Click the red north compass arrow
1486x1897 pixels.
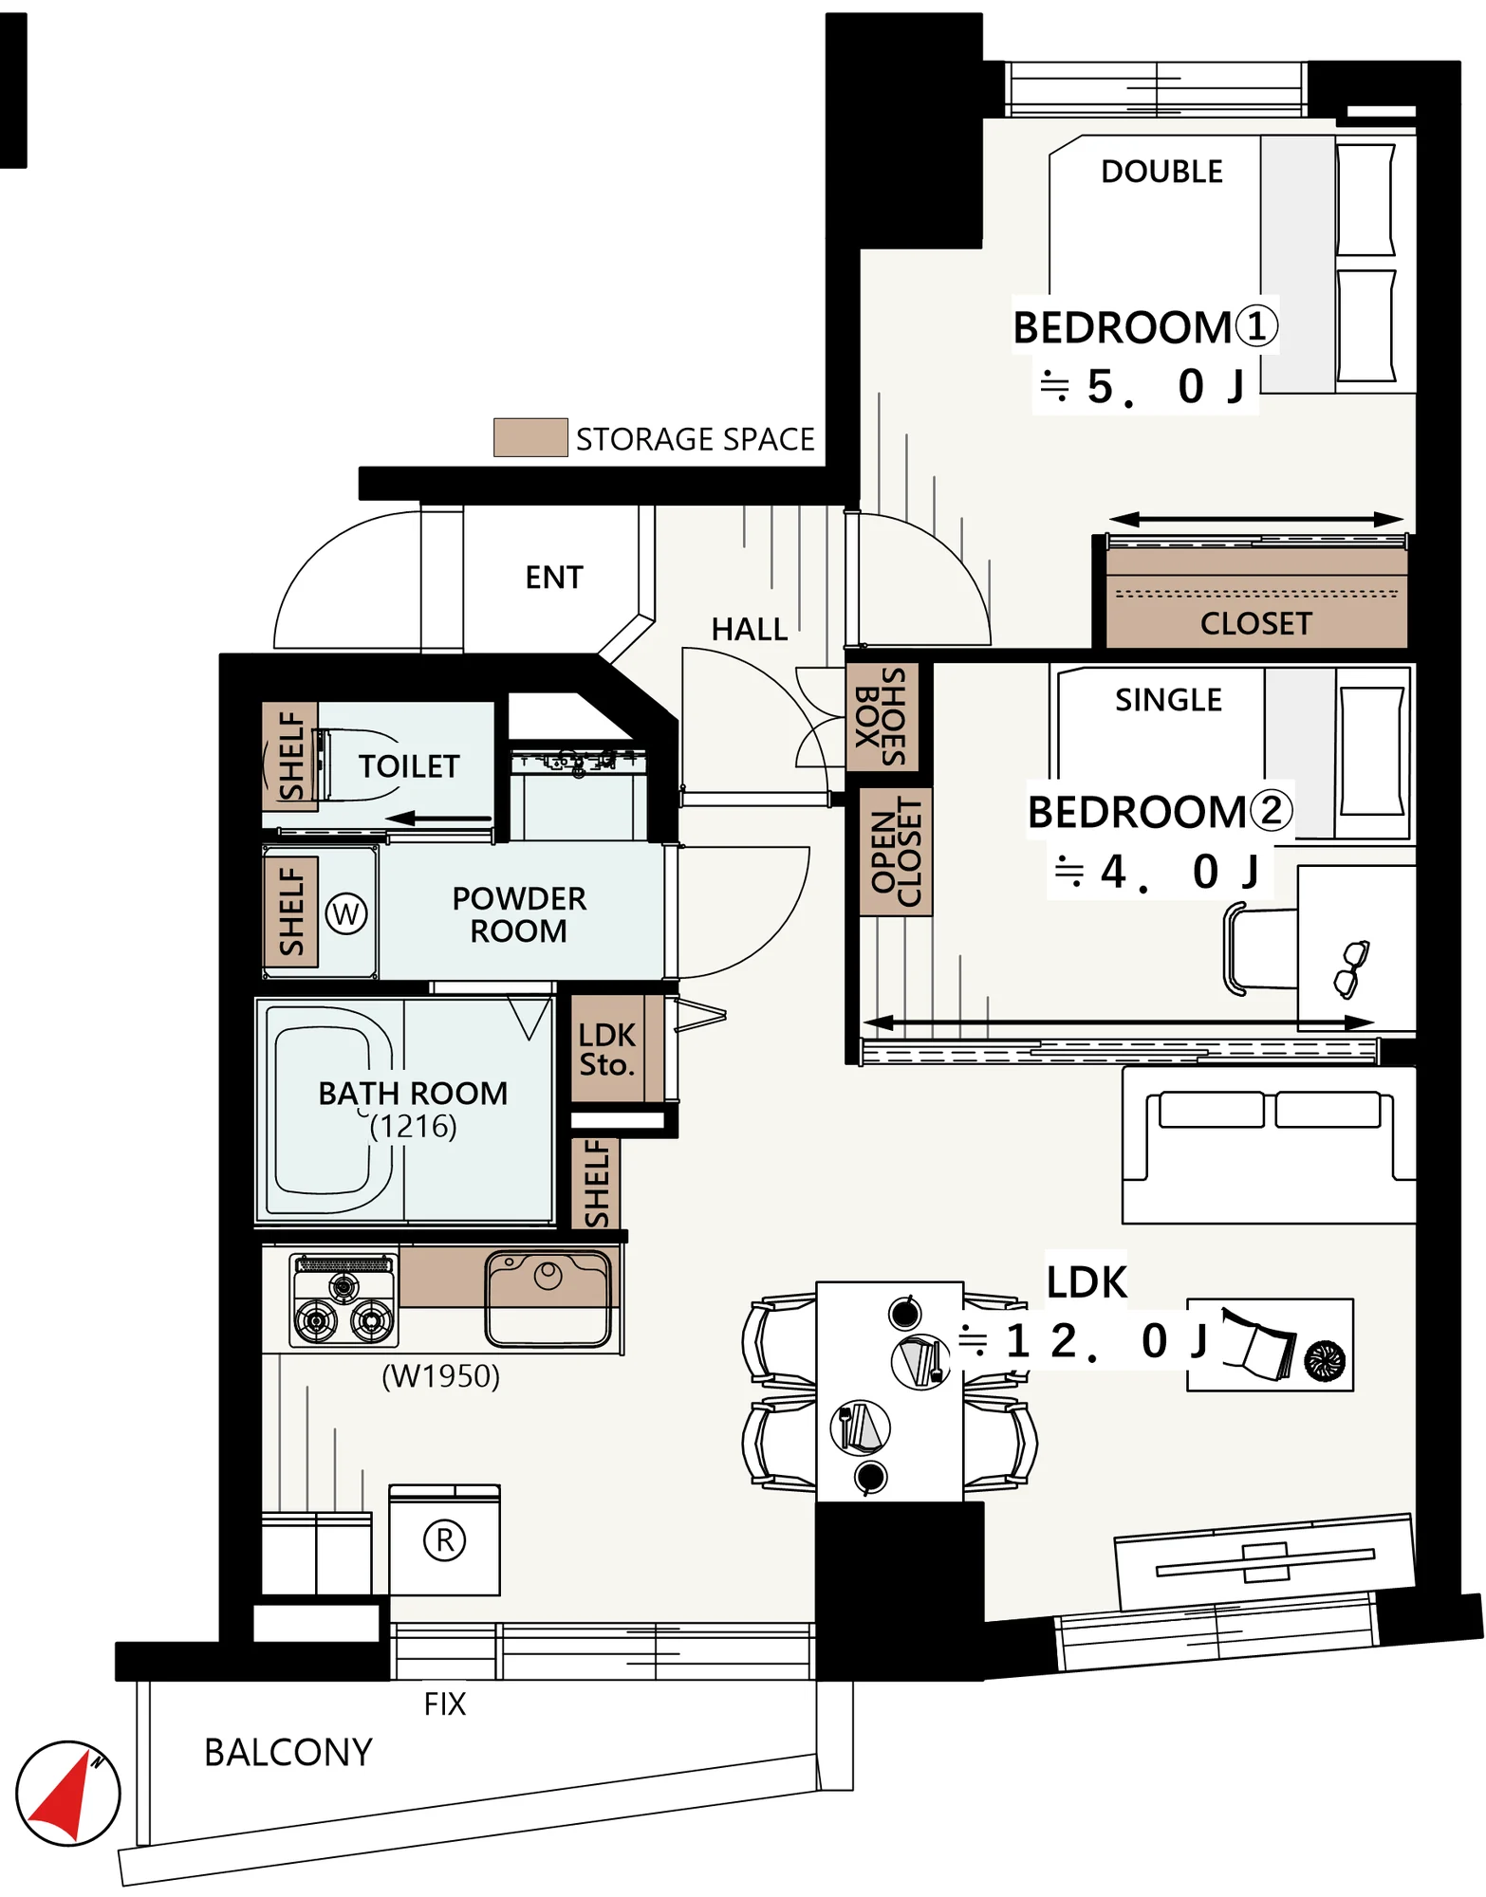pos(66,1796)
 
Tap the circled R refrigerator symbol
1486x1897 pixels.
pos(444,1540)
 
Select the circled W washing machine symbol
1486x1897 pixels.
pos(345,914)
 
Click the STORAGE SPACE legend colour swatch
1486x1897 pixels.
pos(530,437)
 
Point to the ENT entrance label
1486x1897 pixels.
pos(554,578)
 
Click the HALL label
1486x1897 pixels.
pos(750,630)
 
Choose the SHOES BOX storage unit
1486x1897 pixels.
pos(882,716)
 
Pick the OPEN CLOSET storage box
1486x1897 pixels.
pos(896,852)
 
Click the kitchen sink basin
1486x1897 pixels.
pos(548,1298)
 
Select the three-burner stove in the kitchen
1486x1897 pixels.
pos(344,1300)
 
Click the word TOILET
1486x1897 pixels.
pos(409,766)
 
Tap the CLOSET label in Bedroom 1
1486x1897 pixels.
pos(1255,624)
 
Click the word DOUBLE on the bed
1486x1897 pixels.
pos(1161,172)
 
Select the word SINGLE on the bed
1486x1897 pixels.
pos(1168,700)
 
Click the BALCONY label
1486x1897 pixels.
pos(288,1753)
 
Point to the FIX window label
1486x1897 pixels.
pos(445,1704)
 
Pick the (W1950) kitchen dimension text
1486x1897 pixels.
pos(440,1376)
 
